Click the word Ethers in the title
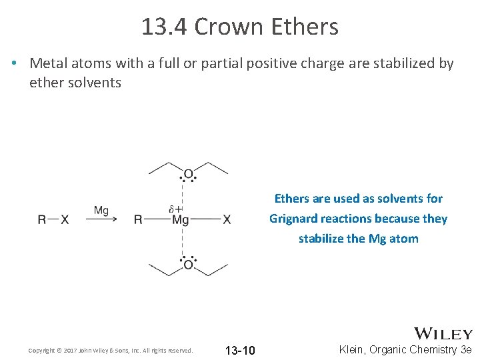tap(304, 27)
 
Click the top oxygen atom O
tap(188, 175)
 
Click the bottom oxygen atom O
tap(188, 265)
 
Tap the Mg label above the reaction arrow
tap(101, 211)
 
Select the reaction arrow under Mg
tap(101, 219)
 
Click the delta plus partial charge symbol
tap(175, 209)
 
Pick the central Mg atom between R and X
tap(181, 220)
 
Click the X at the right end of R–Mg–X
tap(227, 220)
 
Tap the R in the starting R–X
tap(42, 220)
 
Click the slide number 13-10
tap(240, 350)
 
